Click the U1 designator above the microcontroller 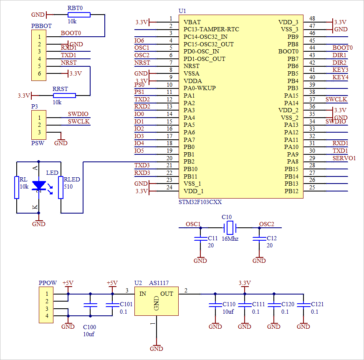(182, 10)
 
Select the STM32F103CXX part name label (200, 202)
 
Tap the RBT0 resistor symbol (78, 15)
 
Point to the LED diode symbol (39, 185)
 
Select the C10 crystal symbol (230, 228)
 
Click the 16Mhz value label (230, 239)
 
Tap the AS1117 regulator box (156, 301)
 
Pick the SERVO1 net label (344, 158)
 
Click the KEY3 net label (340, 70)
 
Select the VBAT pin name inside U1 (192, 22)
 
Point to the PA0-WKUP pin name (200, 88)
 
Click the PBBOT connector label (42, 26)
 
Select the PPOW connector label (48, 283)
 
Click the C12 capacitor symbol (259, 239)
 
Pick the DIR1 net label (339, 55)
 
